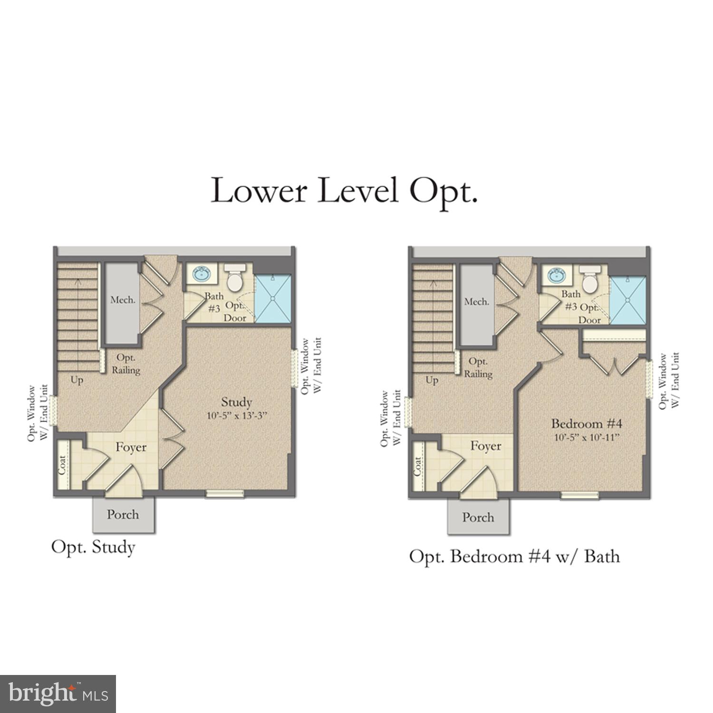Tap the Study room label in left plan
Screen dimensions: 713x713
(x=236, y=402)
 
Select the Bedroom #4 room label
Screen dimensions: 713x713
(x=587, y=423)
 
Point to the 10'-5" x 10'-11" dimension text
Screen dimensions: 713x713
(x=588, y=437)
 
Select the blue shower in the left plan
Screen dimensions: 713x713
(x=273, y=299)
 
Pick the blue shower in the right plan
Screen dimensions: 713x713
(x=628, y=299)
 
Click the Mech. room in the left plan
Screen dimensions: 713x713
(x=123, y=300)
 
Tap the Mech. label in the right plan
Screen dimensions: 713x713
(x=476, y=302)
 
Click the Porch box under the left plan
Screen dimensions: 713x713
(x=123, y=514)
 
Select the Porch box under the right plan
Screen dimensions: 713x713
(x=478, y=517)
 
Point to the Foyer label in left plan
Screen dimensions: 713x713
(x=131, y=447)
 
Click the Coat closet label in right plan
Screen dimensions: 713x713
(x=418, y=466)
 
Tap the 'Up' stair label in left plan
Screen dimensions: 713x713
(x=77, y=380)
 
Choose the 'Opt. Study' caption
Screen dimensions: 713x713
(x=93, y=547)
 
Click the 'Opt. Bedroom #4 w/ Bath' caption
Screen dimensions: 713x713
(x=514, y=556)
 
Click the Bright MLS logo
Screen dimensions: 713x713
(x=58, y=694)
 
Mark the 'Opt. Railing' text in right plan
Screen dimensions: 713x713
(x=478, y=368)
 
